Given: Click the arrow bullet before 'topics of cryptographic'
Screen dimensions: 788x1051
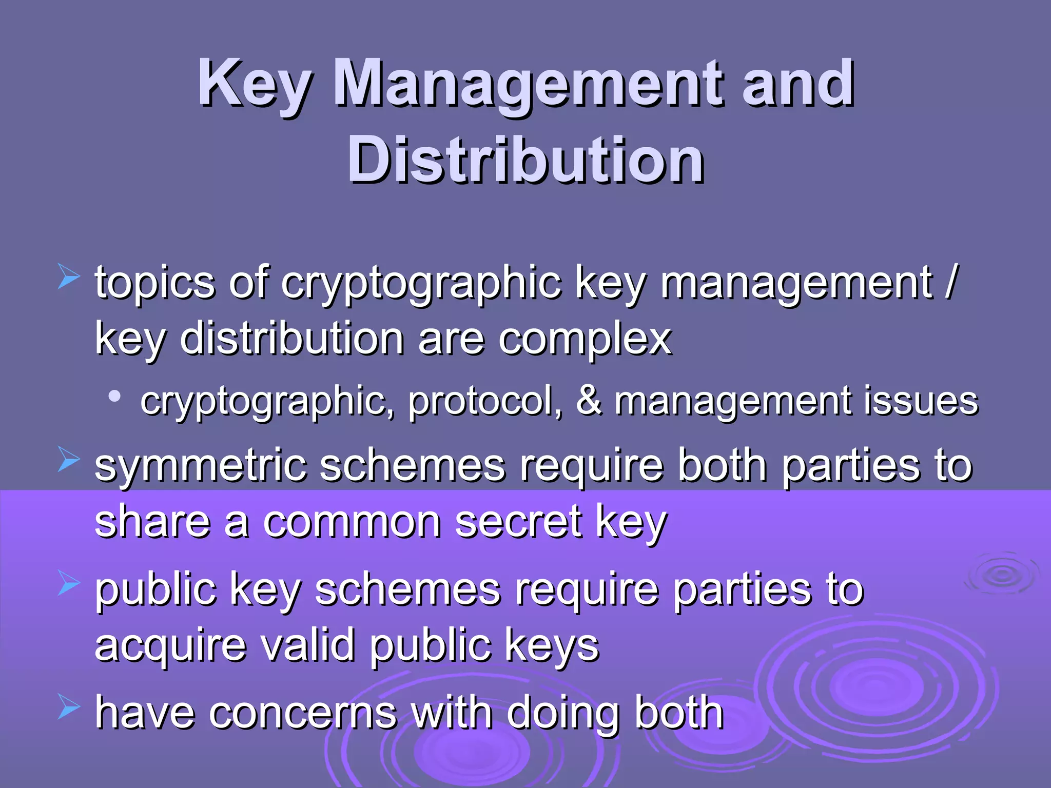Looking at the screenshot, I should (68, 277).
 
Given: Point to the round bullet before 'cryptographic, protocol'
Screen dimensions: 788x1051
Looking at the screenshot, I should (115, 397).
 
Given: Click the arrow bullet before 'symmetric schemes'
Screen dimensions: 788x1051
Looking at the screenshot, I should (68, 459).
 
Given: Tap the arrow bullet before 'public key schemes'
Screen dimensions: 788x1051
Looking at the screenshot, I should (68, 583).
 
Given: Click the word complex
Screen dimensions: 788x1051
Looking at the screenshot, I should (585, 340).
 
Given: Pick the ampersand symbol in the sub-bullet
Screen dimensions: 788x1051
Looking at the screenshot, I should (589, 401).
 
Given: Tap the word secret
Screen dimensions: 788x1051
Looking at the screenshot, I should (518, 522).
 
